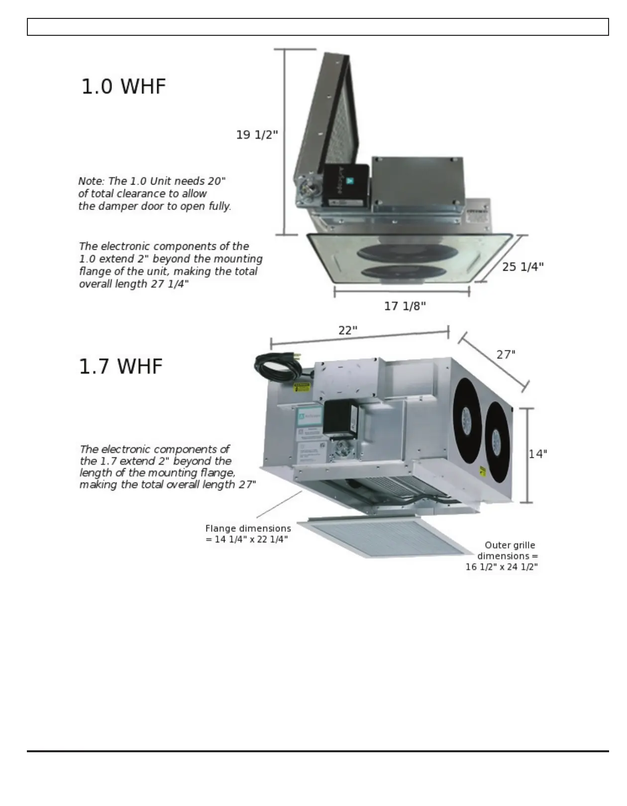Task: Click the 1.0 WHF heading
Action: point(123,86)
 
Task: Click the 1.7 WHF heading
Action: point(121,366)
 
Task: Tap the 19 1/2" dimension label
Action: point(257,135)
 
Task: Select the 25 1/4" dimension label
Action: point(522,267)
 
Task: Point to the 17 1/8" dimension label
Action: point(405,306)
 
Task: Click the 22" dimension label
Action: point(348,330)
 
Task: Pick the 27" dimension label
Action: point(506,354)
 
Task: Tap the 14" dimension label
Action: point(537,454)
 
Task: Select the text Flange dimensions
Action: point(248,528)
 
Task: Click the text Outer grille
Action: point(510,545)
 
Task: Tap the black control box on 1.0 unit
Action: point(346,185)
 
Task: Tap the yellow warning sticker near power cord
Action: point(301,387)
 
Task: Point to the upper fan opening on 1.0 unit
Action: point(407,252)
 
